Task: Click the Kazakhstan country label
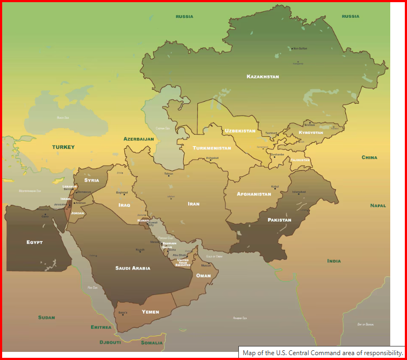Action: click(263, 77)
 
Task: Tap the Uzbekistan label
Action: click(240, 131)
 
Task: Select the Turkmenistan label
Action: click(212, 148)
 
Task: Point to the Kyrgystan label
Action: click(311, 132)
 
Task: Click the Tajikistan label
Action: click(301, 160)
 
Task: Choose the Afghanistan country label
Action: click(253, 194)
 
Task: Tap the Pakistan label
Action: click(279, 220)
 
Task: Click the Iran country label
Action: click(194, 204)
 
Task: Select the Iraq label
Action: click(124, 205)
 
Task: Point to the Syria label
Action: click(92, 180)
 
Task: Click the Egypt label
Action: click(35, 242)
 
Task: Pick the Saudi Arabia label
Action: click(133, 268)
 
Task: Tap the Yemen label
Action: click(150, 312)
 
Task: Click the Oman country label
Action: click(203, 276)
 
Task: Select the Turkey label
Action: click(63, 147)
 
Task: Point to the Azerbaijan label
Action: click(139, 139)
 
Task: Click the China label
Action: click(370, 157)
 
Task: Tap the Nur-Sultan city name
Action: click(300, 49)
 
